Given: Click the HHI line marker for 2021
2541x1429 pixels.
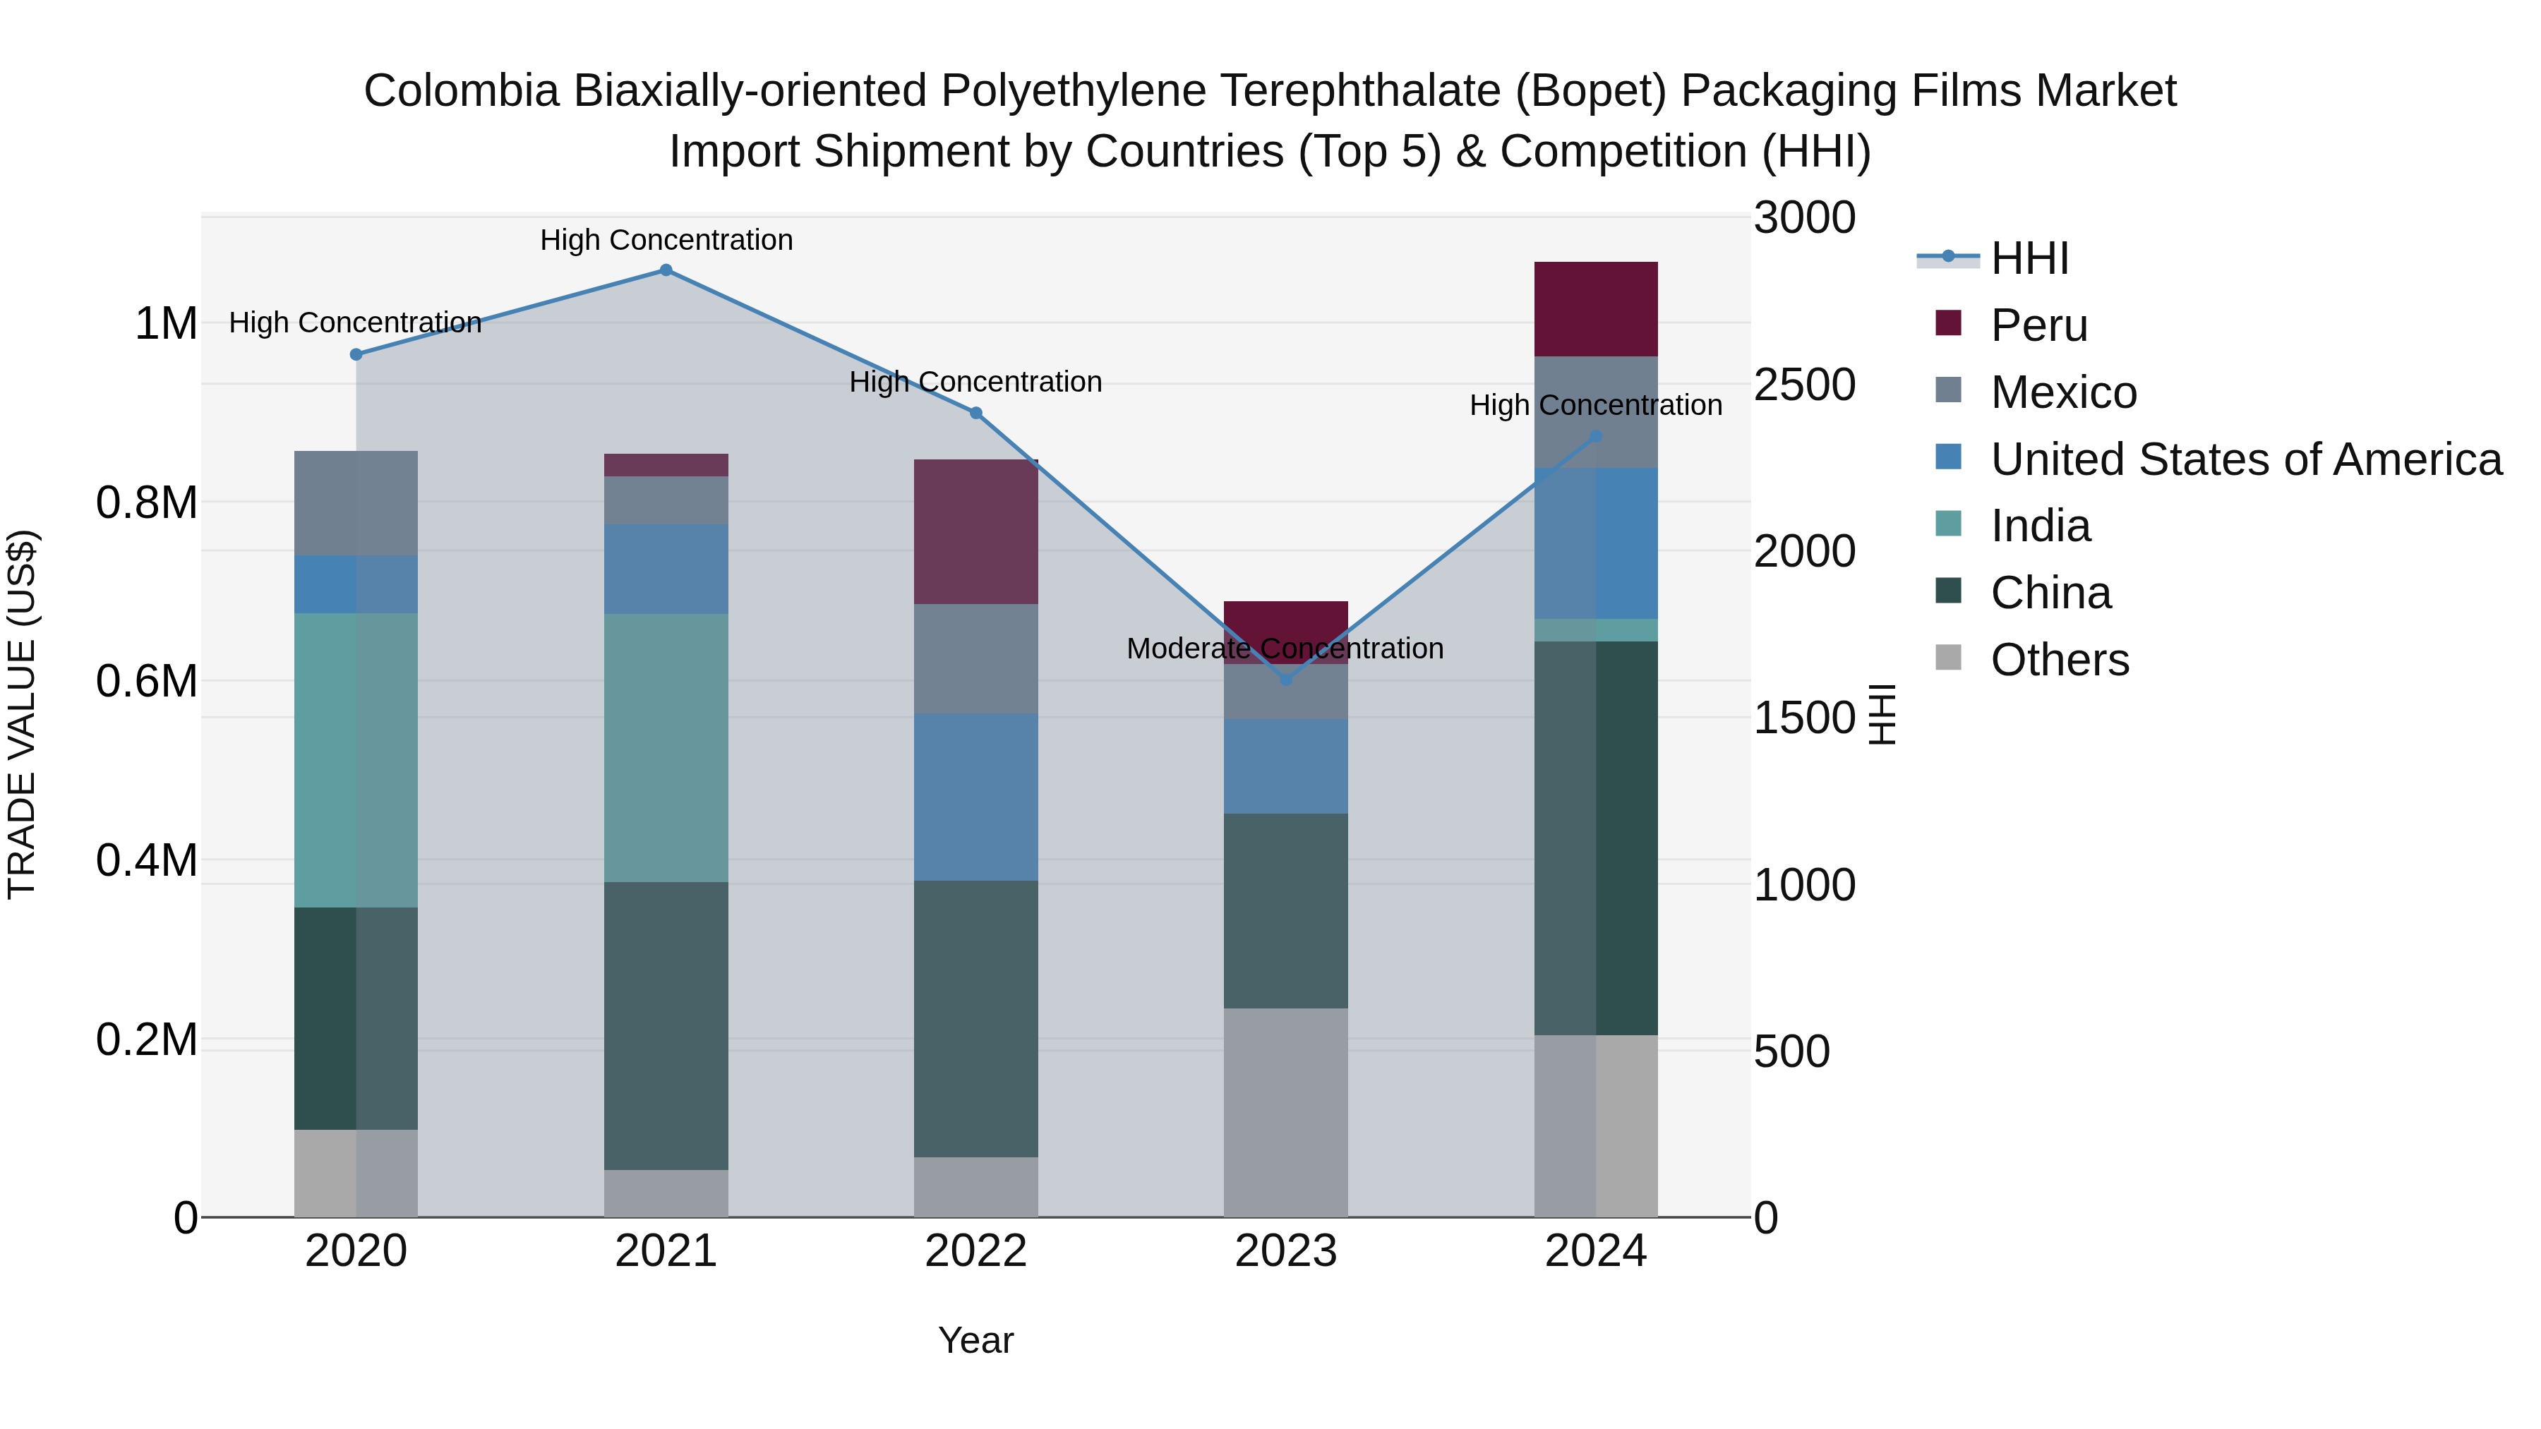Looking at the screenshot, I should point(666,270).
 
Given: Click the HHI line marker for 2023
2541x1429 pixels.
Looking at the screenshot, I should point(1285,680).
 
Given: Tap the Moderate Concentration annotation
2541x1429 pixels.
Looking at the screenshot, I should point(1285,649).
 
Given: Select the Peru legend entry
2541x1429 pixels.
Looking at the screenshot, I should point(2038,325).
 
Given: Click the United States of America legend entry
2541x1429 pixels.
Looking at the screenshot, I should point(2245,459).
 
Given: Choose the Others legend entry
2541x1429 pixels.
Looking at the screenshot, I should point(2059,660).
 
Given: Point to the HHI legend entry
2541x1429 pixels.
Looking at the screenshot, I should point(2029,258).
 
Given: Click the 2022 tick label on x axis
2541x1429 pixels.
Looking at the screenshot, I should point(975,1251).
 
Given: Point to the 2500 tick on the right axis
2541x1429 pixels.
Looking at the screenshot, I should point(1804,385).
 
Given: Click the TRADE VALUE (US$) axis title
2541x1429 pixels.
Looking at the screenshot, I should point(22,714).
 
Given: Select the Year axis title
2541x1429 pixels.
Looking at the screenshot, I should point(975,1340).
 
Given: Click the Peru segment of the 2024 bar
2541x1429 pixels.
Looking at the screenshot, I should point(1595,308).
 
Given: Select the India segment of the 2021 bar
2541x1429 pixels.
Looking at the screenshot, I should point(666,747).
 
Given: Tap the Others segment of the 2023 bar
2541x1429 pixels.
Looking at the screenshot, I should point(1285,1112).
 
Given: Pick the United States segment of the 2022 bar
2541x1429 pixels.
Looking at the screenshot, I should point(975,797).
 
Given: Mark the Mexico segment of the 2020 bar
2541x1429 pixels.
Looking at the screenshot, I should point(356,503).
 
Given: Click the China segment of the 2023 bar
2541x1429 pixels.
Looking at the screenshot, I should point(1285,910).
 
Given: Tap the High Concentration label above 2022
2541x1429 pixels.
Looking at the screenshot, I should point(975,382).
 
